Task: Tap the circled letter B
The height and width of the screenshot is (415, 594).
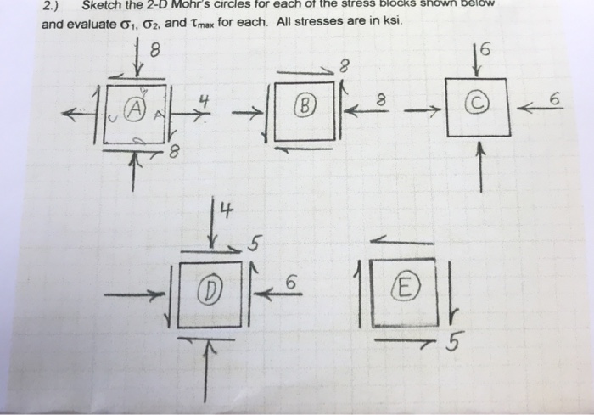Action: pos(305,108)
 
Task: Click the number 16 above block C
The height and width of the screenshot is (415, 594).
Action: pos(481,48)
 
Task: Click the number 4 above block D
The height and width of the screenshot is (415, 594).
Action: pos(217,209)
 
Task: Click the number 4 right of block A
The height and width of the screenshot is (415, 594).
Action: pos(204,100)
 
